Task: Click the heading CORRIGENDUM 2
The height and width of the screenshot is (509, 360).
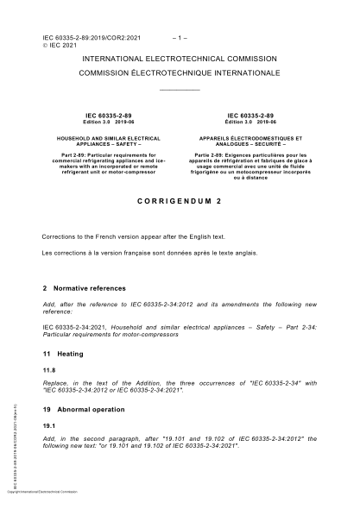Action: (180, 198)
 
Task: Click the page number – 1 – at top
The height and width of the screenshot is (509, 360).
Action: (180, 39)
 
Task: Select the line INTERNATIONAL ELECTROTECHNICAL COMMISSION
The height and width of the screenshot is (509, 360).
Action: (180, 59)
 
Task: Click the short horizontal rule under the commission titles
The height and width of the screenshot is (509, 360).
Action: (180, 90)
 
